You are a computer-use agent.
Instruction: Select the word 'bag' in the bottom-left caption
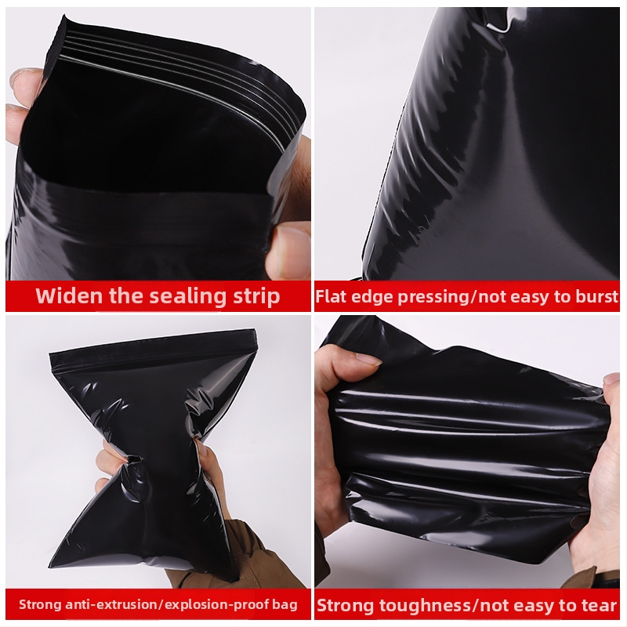pos(285,604)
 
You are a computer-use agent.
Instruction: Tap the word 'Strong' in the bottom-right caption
pos(346,606)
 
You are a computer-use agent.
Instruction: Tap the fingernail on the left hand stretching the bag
pos(369,360)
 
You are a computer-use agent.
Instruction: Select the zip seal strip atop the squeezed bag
pos(152,347)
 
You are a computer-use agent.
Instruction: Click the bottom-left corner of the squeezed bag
pos(49,566)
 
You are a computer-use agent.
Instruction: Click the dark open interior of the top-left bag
pos(152,132)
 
